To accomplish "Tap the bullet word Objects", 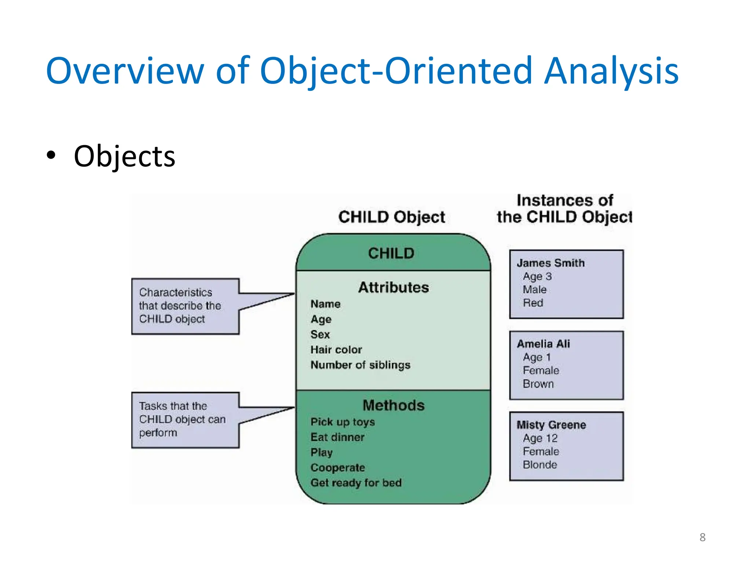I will click(124, 157).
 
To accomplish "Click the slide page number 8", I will click(702, 537).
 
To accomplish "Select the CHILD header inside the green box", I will click(391, 253).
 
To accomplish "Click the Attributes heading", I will click(393, 287).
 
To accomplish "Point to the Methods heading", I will click(393, 405).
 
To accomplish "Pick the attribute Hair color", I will click(336, 350).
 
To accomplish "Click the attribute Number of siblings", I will click(360, 365).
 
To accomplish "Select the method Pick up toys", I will click(342, 422).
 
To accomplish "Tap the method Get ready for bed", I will click(356, 483).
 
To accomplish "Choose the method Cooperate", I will click(337, 468).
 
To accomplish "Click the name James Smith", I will click(550, 263).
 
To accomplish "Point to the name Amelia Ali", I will click(543, 344).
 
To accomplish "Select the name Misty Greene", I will click(551, 425).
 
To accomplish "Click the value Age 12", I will click(540, 438).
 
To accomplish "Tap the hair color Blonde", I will click(540, 465).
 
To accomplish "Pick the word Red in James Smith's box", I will click(533, 303).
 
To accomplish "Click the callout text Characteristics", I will click(175, 292).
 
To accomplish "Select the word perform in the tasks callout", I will click(158, 433).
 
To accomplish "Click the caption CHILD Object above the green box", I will click(391, 217).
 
